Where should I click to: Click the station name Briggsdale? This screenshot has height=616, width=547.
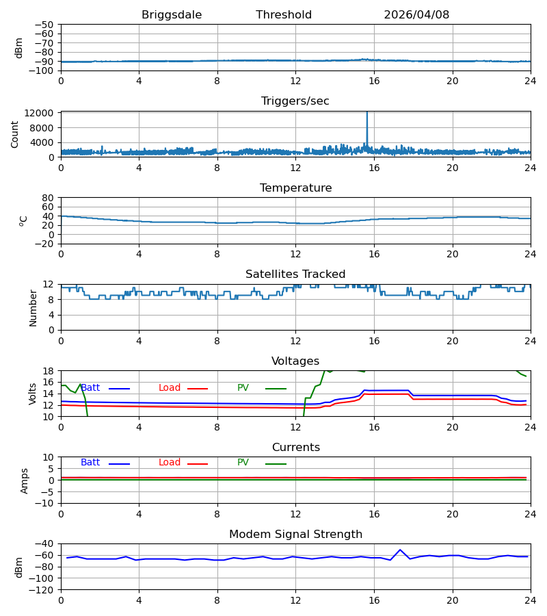172,15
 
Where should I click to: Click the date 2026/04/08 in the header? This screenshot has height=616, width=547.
416,15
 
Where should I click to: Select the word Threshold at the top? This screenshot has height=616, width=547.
284,15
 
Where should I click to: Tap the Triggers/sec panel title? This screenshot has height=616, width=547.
295,101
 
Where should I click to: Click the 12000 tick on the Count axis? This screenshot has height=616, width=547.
39,113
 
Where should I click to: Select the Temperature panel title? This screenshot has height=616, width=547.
295,188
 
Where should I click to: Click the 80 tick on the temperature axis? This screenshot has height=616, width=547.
48,198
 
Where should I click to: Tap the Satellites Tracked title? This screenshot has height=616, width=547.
295,274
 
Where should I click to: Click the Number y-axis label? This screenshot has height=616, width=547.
33,308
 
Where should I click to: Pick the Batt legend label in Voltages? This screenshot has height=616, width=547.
90,388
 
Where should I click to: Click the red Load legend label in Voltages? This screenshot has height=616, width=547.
170,388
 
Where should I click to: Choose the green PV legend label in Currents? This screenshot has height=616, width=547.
243,463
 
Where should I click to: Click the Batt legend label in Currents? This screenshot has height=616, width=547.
90,463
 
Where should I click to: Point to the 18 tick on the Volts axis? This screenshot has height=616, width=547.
48,371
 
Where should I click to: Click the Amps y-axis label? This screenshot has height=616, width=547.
25,481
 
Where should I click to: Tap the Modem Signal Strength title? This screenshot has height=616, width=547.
295,535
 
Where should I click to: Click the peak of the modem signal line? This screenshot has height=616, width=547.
400,550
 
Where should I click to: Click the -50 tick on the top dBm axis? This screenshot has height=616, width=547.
44,25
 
